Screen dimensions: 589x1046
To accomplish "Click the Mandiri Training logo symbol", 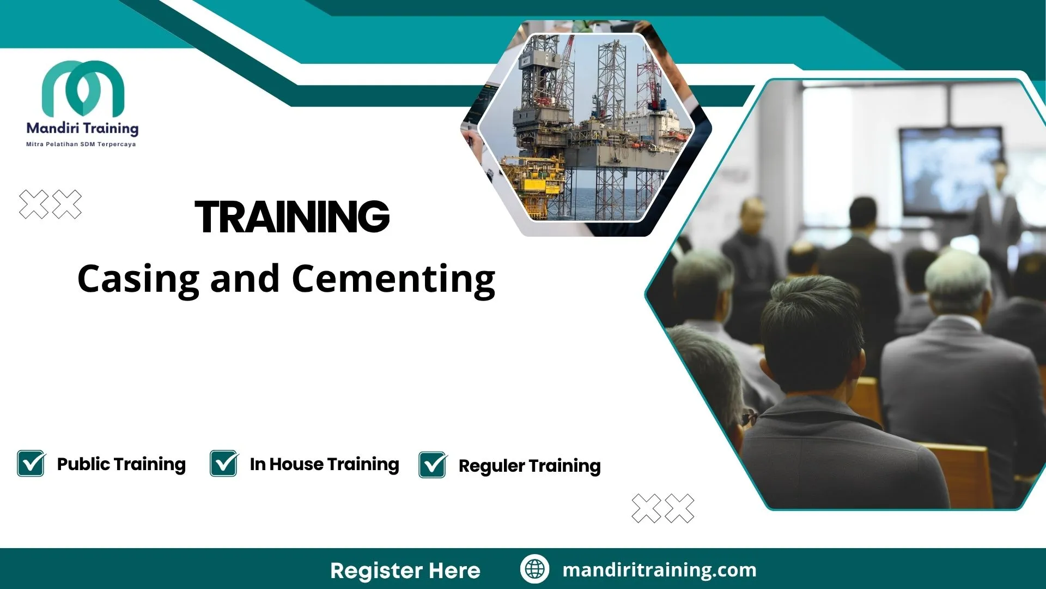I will point(83,87).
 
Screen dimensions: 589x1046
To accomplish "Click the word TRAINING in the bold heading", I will point(292,217).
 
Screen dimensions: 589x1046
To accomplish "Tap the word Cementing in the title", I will point(393,279).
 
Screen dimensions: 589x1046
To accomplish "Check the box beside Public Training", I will point(31,464).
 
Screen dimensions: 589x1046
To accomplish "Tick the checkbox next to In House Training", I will point(224,464).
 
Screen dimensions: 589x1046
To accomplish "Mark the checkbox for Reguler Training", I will point(433,465).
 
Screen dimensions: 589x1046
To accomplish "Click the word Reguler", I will point(491,466).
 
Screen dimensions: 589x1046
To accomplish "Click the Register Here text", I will point(405,570).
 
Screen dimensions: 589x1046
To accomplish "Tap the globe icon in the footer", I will point(534,569).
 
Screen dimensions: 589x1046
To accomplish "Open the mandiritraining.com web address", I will point(659,570).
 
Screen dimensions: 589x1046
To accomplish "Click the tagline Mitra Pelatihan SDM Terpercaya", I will point(81,145).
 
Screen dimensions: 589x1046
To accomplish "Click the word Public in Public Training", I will point(83,464).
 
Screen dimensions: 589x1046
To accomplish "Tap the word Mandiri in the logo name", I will point(52,129).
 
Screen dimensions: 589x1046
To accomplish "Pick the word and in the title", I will point(245,279).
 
